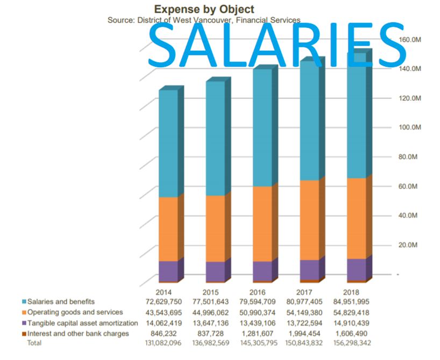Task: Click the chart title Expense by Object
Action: [203, 9]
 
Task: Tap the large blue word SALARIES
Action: [277, 44]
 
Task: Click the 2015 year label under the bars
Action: [211, 292]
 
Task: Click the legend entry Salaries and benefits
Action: [61, 301]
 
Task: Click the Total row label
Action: [35, 342]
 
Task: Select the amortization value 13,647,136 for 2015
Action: [210, 323]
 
